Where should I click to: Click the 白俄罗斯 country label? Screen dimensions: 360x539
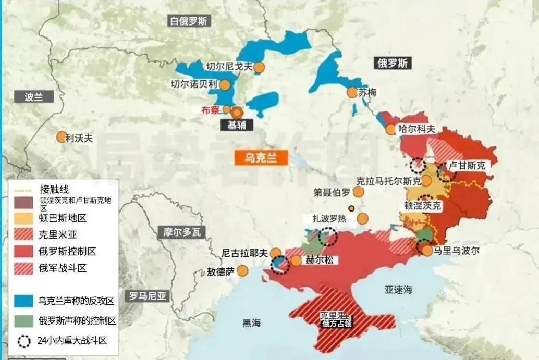(x=189, y=21)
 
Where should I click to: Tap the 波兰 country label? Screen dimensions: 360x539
(x=33, y=97)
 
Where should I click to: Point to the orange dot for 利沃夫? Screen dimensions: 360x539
(x=62, y=137)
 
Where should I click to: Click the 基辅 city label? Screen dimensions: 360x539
(x=237, y=125)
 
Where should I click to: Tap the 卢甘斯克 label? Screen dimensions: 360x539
(x=467, y=165)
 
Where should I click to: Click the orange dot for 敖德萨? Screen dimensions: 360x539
(x=242, y=270)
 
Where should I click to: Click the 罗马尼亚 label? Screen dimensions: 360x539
(x=148, y=296)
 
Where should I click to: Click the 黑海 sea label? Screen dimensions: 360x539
(x=251, y=322)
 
